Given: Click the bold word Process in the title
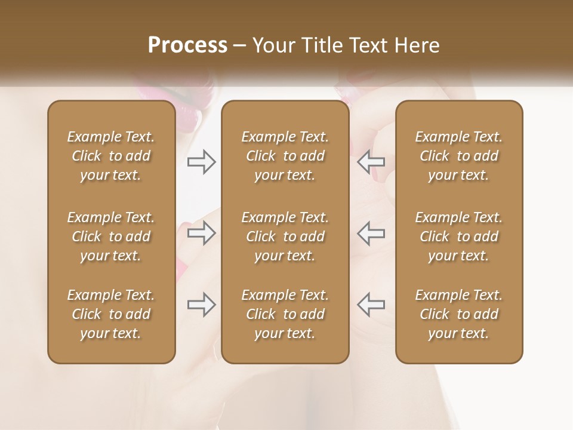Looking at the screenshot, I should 187,45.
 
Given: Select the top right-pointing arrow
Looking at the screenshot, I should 202,162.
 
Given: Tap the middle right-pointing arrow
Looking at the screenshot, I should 202,233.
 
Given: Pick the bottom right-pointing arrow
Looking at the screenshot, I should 202,305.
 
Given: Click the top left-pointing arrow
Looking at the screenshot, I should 371,162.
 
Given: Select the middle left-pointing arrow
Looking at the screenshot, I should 371,233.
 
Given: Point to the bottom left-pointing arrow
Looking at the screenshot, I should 371,305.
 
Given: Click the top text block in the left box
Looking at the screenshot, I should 111,156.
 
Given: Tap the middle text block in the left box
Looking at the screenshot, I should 111,236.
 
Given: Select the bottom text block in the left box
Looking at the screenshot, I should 111,314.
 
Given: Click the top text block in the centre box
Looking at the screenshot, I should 285,156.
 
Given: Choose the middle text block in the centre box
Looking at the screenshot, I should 285,236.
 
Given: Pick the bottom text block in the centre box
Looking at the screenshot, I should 285,314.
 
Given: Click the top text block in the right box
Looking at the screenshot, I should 459,156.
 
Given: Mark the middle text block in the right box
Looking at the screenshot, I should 459,236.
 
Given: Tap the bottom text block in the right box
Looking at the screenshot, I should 459,314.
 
